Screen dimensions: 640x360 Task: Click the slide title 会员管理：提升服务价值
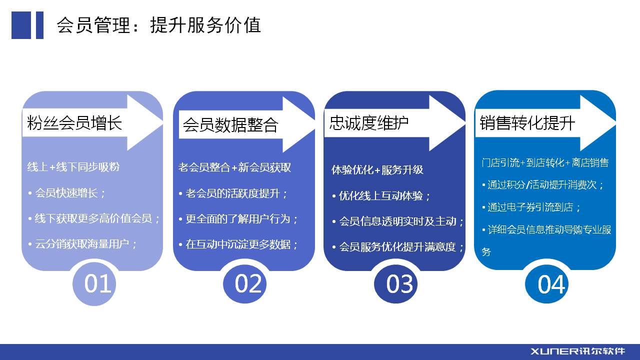(x=158, y=25)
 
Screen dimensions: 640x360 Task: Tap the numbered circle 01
(x=94, y=283)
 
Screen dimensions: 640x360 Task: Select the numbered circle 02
(x=244, y=283)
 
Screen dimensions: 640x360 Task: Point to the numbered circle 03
(x=395, y=283)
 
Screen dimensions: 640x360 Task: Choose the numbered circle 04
(x=546, y=283)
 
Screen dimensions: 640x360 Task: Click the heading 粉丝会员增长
(x=74, y=123)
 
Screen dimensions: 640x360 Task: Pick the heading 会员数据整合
(x=230, y=125)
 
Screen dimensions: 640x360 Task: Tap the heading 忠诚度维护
(x=369, y=123)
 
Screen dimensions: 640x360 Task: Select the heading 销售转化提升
(x=527, y=123)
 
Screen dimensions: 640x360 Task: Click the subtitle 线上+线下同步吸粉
(x=73, y=167)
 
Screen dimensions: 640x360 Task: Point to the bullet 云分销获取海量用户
(x=83, y=244)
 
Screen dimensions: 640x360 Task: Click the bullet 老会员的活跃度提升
(x=233, y=193)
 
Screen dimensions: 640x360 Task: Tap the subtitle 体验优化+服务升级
(x=377, y=170)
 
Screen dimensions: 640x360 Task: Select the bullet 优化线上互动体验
(x=381, y=196)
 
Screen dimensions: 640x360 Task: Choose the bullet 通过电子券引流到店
(x=531, y=207)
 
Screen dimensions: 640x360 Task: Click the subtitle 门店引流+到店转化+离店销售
(x=545, y=163)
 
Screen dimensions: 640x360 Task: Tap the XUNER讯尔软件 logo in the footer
(x=577, y=351)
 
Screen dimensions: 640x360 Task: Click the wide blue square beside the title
(x=21, y=25)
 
